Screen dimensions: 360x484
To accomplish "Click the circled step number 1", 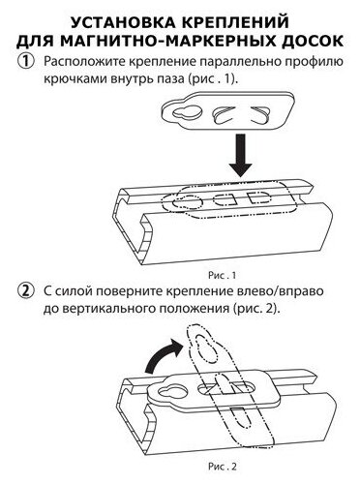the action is [x=26, y=61].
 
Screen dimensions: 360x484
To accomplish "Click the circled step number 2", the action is [x=26, y=291].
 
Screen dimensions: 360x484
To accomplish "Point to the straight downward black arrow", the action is [x=240, y=156].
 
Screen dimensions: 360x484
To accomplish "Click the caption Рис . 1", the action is [x=222, y=275].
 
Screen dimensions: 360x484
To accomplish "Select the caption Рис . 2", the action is [x=223, y=467].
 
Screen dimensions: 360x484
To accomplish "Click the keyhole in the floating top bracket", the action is [x=187, y=112].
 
